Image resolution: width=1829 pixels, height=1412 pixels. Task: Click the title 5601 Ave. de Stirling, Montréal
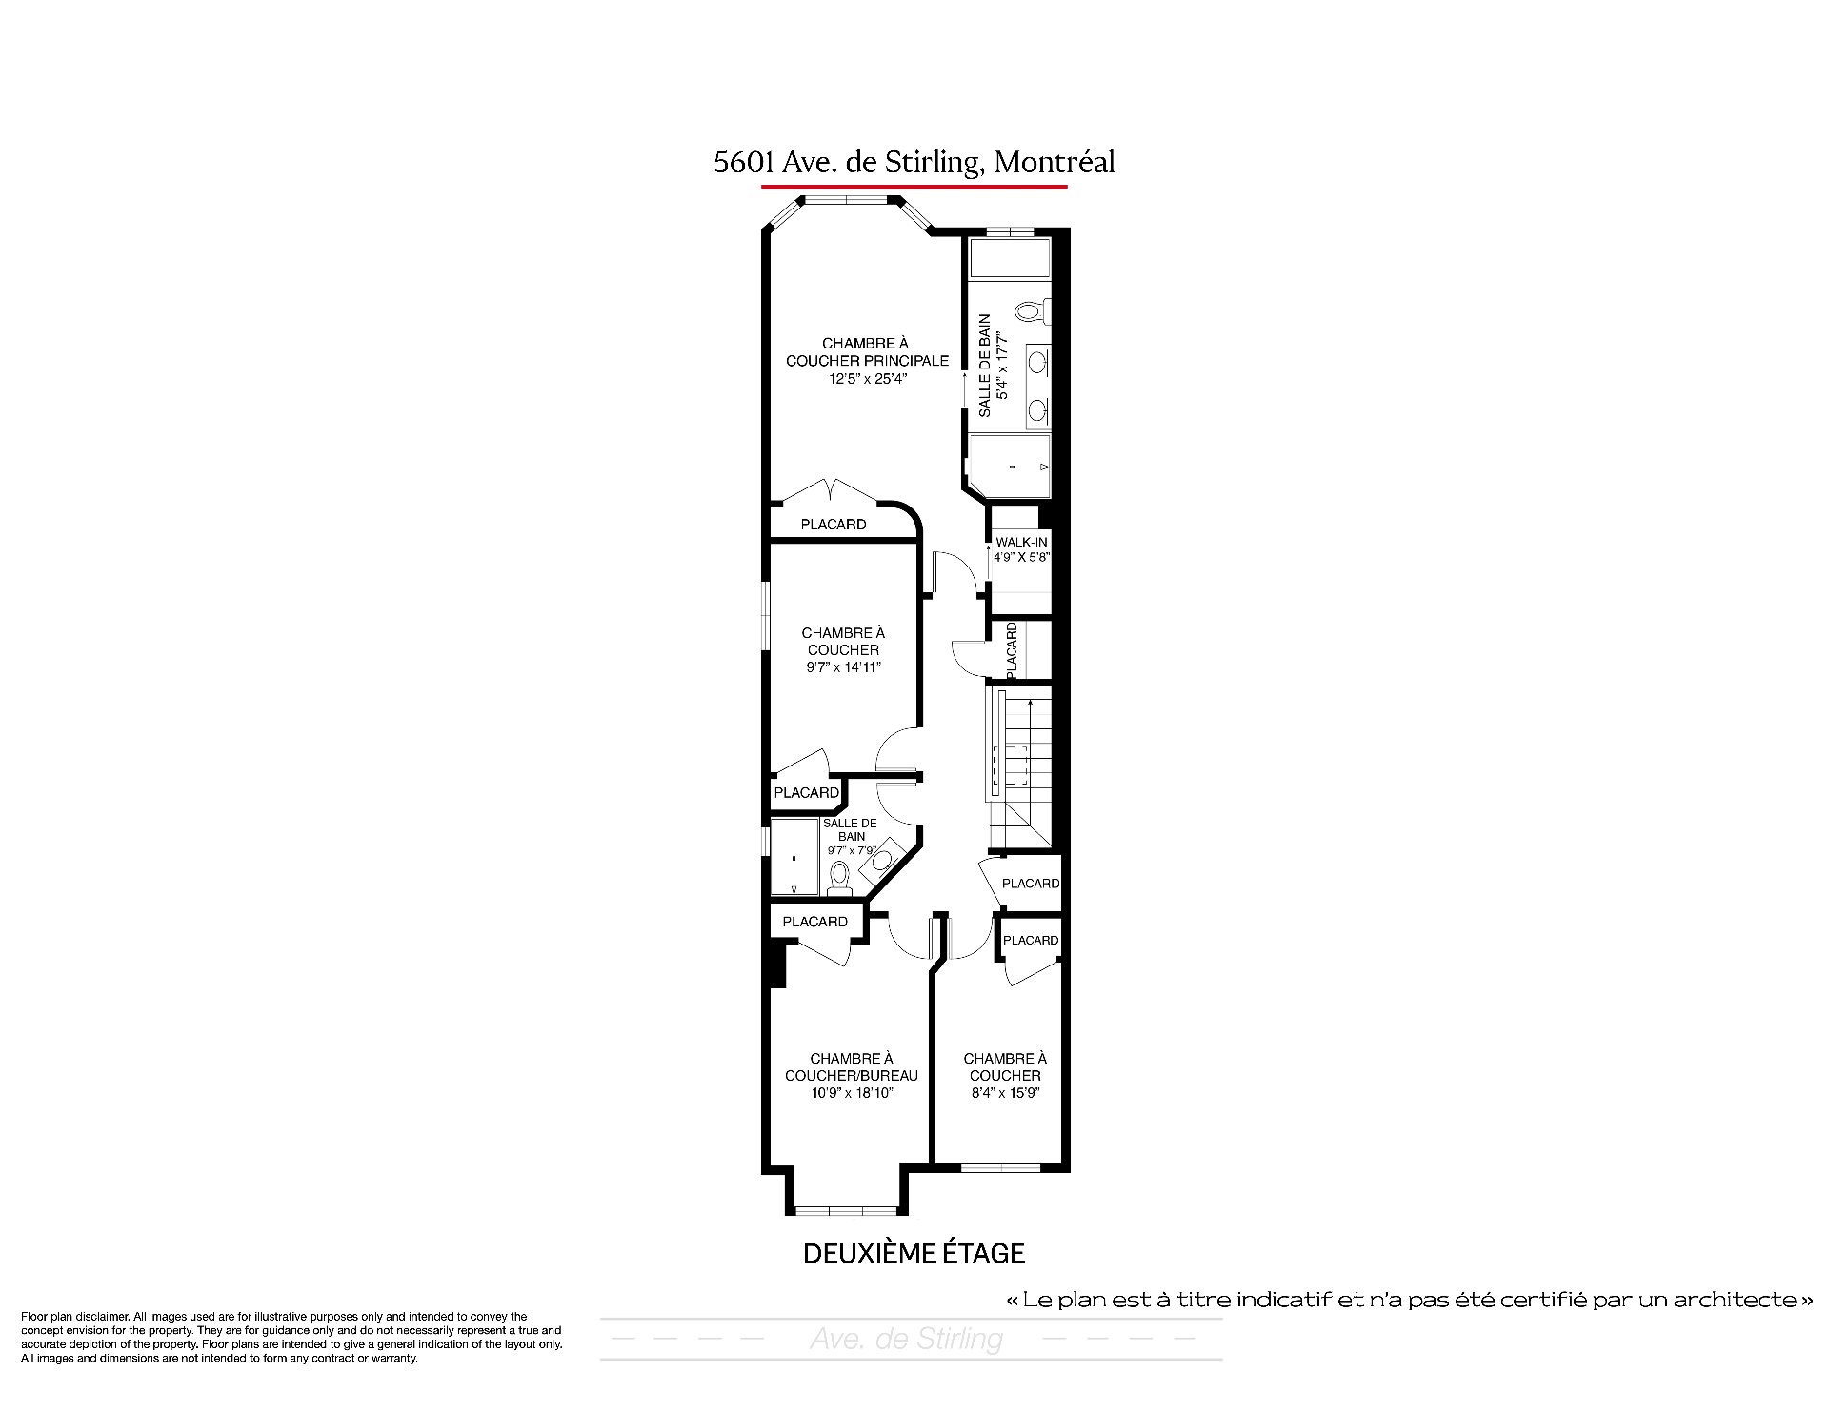[x=914, y=163]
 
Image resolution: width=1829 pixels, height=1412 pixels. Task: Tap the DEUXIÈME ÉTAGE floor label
[x=914, y=1253]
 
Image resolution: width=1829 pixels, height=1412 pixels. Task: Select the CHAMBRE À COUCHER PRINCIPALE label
[x=867, y=351]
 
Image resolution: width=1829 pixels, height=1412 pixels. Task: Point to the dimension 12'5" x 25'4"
[x=867, y=378]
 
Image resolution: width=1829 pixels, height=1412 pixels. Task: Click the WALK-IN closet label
[x=1021, y=542]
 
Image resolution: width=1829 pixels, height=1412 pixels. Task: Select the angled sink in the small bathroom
[x=881, y=860]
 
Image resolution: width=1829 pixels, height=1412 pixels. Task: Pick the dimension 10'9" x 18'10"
[x=851, y=1093]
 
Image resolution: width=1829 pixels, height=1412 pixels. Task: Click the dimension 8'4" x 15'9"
[x=1004, y=1093]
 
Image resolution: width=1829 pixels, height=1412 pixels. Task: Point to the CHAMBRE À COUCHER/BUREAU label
[x=851, y=1066]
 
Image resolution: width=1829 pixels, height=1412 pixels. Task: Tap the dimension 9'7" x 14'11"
[x=842, y=666]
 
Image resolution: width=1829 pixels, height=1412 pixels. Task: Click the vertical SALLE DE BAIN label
[x=984, y=366]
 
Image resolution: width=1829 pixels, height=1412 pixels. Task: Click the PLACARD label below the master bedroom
[x=834, y=525]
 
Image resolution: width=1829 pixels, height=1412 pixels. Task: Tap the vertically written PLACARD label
[x=1011, y=650]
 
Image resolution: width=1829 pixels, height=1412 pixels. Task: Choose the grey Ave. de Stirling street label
[x=906, y=1340]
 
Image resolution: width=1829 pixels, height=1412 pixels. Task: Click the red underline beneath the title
[x=914, y=187]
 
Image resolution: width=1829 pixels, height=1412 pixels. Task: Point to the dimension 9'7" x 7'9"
[x=852, y=850]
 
